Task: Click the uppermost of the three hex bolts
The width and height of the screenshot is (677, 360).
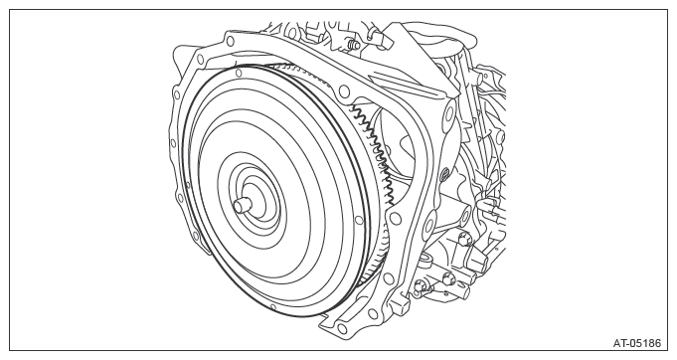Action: tap(463, 238)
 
